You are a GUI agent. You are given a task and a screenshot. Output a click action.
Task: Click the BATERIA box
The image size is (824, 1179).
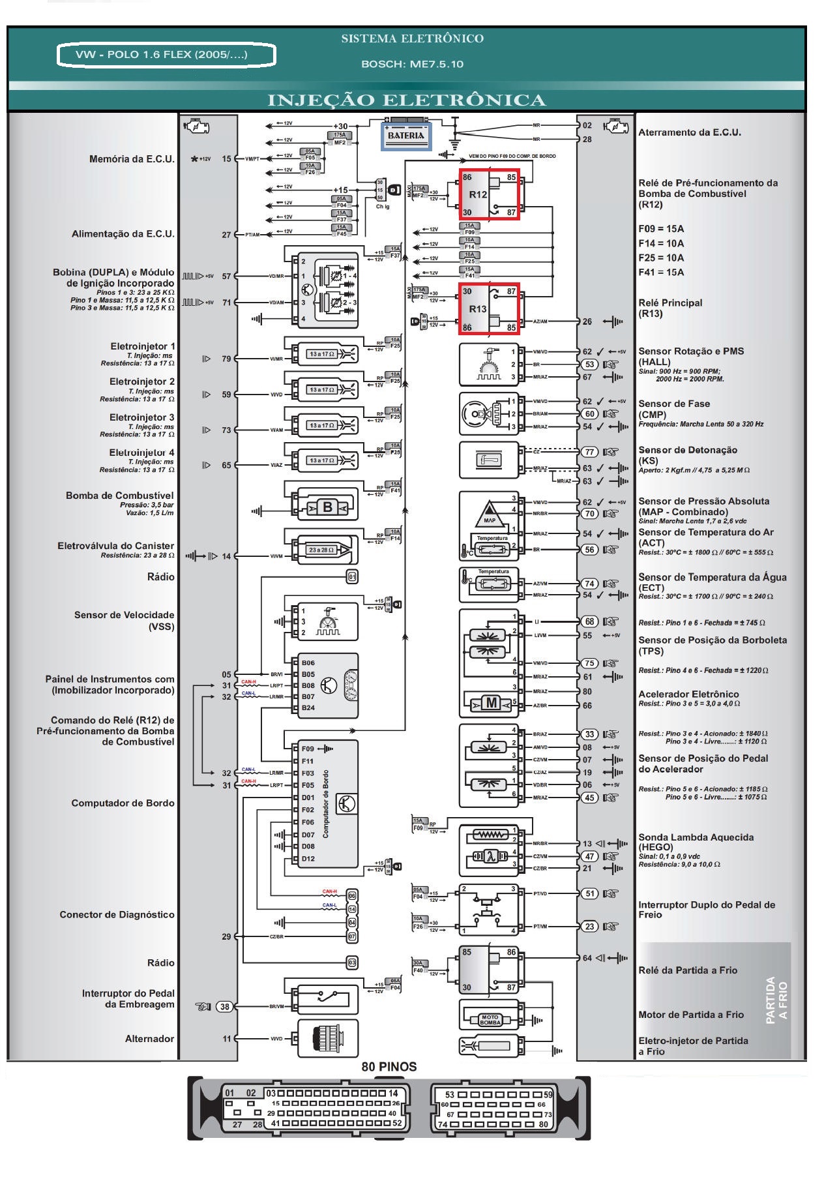pos(405,136)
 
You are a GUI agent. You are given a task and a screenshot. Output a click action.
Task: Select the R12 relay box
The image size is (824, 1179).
pos(489,194)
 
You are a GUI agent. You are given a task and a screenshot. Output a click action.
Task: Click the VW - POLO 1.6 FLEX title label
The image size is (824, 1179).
pos(166,55)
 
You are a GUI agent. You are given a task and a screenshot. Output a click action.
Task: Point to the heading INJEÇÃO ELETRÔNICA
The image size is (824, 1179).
pos(406,100)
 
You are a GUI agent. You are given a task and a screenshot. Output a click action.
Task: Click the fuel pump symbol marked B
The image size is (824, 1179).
pos(327,507)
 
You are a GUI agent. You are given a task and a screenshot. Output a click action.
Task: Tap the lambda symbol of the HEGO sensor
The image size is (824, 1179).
pos(491,856)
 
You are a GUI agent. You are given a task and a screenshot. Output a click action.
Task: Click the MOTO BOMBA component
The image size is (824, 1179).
pos(490,1019)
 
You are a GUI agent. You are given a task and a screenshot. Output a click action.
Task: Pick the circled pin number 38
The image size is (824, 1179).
pos(225,1006)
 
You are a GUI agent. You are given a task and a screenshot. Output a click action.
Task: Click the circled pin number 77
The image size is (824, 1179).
pos(589,452)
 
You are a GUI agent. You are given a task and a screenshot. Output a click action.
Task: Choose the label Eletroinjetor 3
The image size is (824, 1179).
pos(141,417)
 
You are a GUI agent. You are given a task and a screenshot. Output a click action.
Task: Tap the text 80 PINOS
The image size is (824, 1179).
pos(389,1067)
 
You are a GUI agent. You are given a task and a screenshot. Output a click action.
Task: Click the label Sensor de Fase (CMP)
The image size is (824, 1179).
pos(673,409)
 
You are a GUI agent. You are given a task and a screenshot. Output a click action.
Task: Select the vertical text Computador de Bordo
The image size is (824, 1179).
pos(326,804)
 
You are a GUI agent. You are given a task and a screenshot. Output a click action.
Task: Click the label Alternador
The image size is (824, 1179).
pos(149,1039)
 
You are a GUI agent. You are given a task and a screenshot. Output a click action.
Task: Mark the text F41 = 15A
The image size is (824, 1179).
pos(661,273)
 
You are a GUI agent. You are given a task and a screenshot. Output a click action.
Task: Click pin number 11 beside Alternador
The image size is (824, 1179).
pos(226,1039)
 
